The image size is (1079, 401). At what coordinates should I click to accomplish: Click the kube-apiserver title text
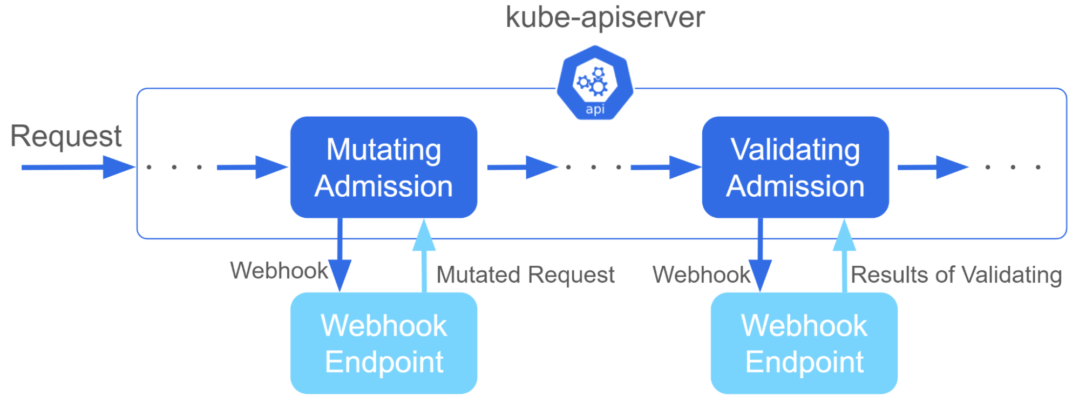605,18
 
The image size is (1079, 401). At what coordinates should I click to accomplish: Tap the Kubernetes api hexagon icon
595,83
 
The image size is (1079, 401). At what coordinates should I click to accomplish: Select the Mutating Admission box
384,167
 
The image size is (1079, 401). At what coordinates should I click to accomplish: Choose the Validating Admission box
795,167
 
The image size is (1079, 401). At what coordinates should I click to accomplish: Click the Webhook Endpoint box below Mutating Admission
384,343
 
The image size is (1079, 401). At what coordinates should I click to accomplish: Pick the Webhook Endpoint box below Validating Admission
804,343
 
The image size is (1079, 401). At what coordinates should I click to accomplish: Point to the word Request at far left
66,136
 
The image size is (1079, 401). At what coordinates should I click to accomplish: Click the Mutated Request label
525,275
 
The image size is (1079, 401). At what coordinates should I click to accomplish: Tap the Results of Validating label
956,275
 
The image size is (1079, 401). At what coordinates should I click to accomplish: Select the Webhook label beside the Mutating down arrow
279,270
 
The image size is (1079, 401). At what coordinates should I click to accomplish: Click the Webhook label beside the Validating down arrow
701,275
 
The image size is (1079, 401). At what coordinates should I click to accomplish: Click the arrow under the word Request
78,167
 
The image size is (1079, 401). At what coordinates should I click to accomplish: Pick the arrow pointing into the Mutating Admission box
252,167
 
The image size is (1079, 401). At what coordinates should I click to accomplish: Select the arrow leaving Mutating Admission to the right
522,167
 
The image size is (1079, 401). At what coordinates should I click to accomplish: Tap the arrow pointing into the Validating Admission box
666,167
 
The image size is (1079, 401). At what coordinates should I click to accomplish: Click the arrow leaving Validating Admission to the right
933,167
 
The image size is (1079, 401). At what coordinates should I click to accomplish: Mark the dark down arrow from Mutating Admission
340,255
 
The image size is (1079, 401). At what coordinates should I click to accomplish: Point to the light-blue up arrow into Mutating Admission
424,256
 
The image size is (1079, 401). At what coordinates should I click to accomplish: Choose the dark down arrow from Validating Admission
760,255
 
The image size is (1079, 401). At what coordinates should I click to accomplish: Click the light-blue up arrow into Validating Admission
844,256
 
